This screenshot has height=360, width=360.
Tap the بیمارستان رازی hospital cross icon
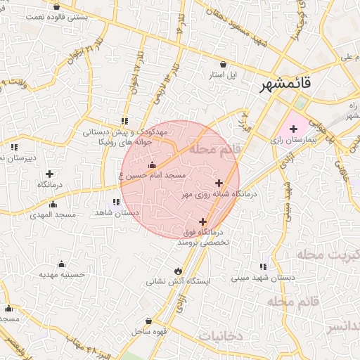[x=293, y=129]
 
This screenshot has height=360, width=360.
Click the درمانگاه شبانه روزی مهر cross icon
[x=218, y=183]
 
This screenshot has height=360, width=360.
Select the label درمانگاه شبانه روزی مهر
[x=220, y=193]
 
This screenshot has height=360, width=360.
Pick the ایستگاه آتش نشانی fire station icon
[x=177, y=271]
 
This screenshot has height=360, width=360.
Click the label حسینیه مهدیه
[x=61, y=275]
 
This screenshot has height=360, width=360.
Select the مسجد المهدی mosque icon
[x=52, y=204]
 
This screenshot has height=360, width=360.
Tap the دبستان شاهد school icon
[x=116, y=202]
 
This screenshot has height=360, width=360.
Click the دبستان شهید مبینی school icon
[x=262, y=267]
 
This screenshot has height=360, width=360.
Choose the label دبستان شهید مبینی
[x=263, y=278]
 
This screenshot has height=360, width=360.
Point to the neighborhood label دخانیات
[x=220, y=336]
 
